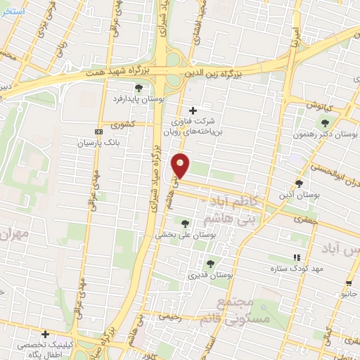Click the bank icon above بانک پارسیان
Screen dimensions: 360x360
[x=98, y=131]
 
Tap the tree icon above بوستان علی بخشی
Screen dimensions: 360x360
[x=185, y=224]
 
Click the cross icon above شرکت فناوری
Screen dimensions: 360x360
[x=193, y=110]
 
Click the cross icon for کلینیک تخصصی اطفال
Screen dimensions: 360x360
[x=45, y=334]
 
